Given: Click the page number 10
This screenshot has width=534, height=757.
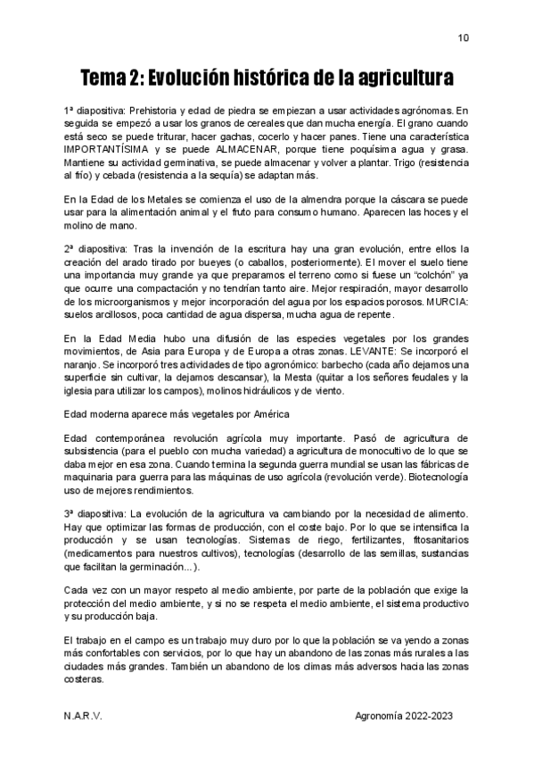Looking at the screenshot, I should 463,38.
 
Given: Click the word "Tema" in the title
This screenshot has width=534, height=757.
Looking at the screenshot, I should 104,77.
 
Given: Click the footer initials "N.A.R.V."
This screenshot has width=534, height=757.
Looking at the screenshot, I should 83,717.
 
